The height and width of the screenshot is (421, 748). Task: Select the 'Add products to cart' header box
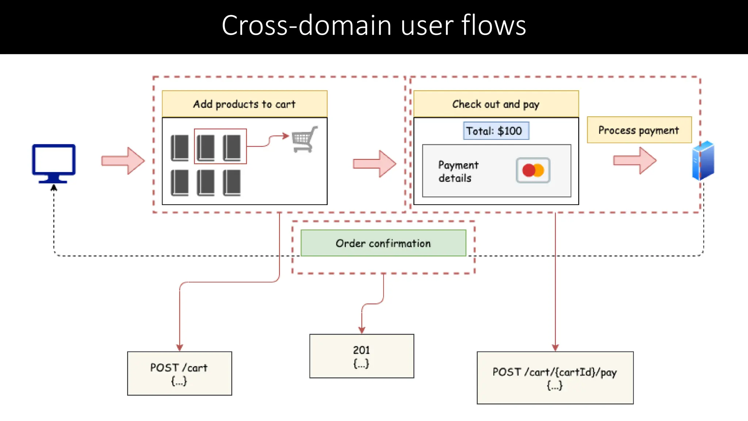tap(244, 104)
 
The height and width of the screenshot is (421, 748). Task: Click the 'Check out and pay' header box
tap(496, 104)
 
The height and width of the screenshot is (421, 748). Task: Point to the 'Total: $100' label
tap(496, 131)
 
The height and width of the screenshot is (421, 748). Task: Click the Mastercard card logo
tap(533, 170)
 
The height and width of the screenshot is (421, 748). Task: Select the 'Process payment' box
tap(639, 130)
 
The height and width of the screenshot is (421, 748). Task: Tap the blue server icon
tap(703, 161)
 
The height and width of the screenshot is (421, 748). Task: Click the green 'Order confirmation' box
tap(383, 243)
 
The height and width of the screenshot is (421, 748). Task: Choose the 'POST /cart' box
tap(179, 373)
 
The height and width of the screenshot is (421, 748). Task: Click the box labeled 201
tap(362, 356)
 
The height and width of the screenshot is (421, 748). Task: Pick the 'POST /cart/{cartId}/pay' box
tap(555, 378)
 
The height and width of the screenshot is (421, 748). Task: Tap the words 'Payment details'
tap(458, 171)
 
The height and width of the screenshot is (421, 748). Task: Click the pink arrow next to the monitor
tap(123, 161)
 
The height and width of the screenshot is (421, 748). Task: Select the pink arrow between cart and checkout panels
tap(374, 164)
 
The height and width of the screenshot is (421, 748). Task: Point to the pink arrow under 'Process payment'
tap(635, 160)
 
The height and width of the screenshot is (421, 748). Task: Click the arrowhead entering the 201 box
tap(362, 330)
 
